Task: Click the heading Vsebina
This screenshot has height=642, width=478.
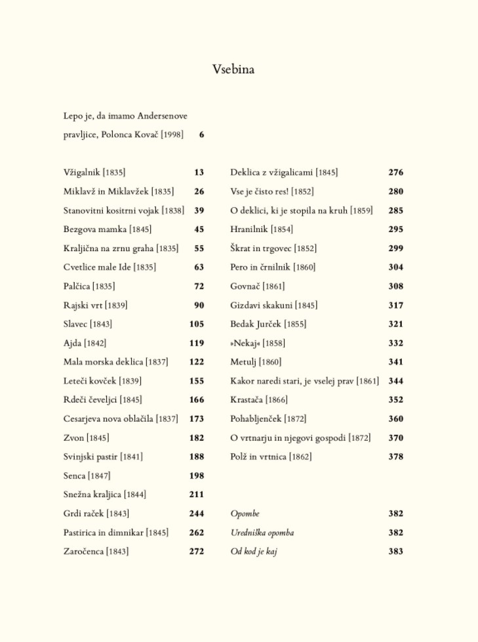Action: tap(233, 70)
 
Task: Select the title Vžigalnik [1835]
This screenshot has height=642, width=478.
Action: tap(94, 172)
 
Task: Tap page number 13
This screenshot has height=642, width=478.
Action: tap(199, 172)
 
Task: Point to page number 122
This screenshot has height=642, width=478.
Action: tap(197, 362)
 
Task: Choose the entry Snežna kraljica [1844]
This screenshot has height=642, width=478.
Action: tap(104, 495)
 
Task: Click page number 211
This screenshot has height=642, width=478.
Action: tap(197, 495)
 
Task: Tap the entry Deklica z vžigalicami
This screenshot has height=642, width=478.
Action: tap(271, 172)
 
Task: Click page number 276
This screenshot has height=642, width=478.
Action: tap(395, 172)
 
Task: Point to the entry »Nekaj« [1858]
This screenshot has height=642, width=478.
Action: tap(257, 343)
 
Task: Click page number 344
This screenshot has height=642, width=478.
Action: tap(395, 381)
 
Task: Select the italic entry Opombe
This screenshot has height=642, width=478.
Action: tap(245, 514)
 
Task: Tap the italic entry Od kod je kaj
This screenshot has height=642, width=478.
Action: tap(253, 552)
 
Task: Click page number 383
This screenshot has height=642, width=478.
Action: tap(395, 552)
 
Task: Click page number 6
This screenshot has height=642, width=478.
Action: tap(201, 135)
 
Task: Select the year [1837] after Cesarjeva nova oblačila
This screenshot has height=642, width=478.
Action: tap(167, 419)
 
